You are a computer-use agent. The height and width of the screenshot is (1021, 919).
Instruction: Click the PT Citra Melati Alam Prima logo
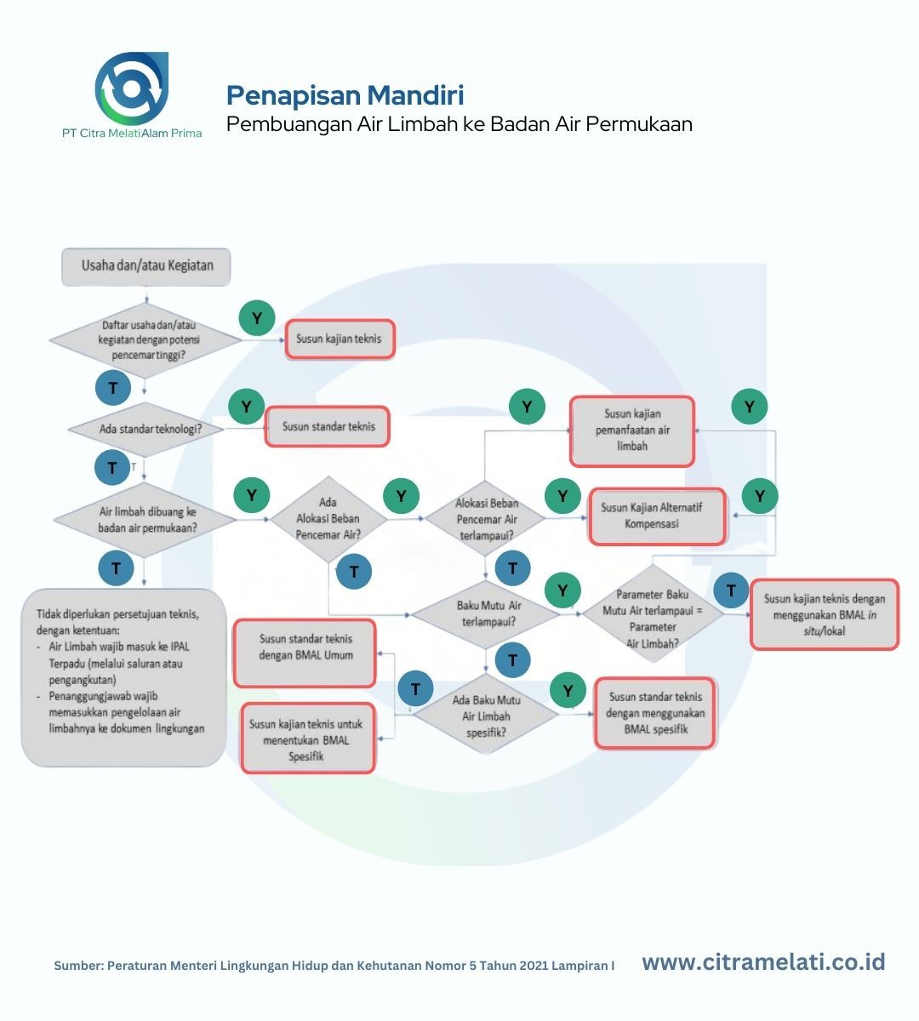coord(132,95)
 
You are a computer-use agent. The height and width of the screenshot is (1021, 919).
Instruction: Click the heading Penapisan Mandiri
coord(345,95)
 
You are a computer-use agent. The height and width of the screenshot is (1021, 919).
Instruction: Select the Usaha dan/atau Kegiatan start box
coord(146,266)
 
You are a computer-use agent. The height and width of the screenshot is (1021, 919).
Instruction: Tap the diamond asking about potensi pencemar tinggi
coord(146,340)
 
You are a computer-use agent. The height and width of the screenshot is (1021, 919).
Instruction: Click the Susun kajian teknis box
coord(339,339)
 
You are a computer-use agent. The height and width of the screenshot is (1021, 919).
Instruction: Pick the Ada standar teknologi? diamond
coord(146,429)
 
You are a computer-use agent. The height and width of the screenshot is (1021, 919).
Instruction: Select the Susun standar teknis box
coord(328,426)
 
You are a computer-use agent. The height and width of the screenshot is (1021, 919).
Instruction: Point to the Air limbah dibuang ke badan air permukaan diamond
coord(146,520)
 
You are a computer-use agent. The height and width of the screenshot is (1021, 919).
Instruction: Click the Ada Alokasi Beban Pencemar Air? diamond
coord(328,519)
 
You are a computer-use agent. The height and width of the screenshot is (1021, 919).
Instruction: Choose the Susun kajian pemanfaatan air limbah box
coord(632,431)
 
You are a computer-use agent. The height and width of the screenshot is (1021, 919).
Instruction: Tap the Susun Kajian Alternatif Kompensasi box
coord(657,516)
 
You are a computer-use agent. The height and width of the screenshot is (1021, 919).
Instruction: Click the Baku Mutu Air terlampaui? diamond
coord(486,613)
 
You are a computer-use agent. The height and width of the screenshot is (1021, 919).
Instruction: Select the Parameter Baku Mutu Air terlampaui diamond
coord(653,613)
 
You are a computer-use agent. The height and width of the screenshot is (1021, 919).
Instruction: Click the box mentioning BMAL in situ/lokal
coord(825,614)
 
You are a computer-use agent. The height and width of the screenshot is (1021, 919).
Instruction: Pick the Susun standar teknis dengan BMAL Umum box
coord(305,653)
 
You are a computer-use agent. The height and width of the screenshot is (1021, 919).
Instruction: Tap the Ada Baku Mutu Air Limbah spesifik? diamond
coord(486,715)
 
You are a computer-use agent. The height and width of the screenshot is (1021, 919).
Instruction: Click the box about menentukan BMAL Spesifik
coord(307,738)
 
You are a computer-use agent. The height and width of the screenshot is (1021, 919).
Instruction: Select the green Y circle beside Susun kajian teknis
coord(257,318)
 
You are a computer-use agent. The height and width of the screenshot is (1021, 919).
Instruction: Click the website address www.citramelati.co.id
coord(763,962)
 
